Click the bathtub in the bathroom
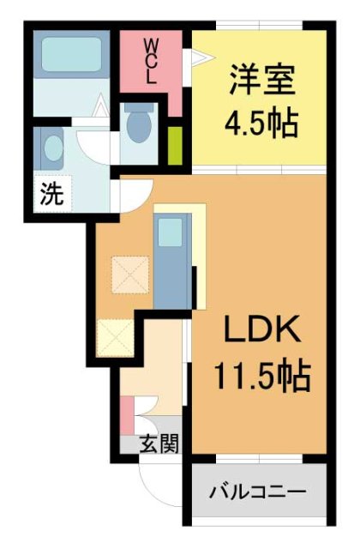coord(72,55)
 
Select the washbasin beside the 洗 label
coord(52,149)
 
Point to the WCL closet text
coord(151,59)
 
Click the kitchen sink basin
coord(170,232)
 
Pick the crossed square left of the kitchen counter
coord(129,274)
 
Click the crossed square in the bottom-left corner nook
coord(114,337)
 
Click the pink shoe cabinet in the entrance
coord(126,416)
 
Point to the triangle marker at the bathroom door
coord(101,109)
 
